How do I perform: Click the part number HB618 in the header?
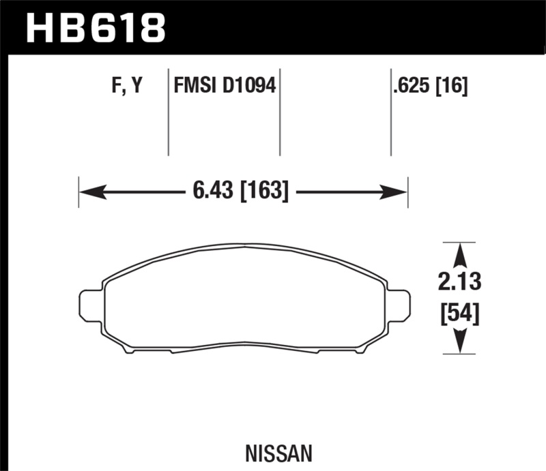pos(96,27)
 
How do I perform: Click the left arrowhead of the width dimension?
pos(92,192)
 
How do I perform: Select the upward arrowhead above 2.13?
pos(459,255)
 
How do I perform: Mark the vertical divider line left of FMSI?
pos(169,112)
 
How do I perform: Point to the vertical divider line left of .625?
pos(390,112)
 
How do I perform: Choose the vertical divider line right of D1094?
pos(281,112)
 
